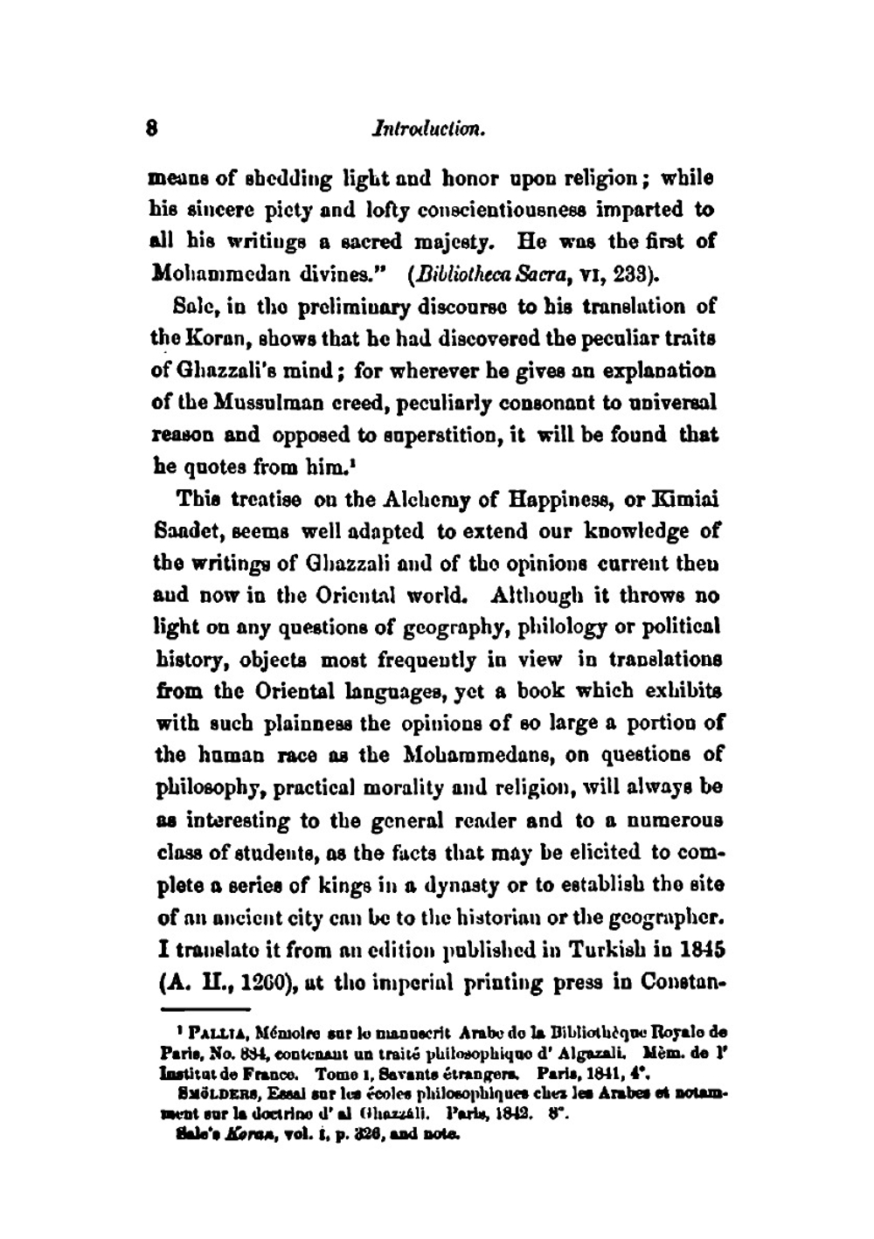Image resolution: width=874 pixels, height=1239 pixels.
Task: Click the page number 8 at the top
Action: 152,130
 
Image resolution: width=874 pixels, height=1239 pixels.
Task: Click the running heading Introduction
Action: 428,130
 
